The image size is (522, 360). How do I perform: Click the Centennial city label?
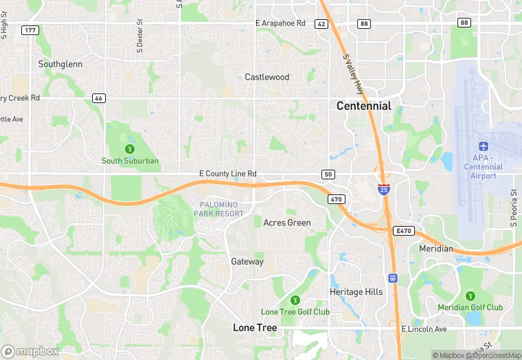(x=363, y=106)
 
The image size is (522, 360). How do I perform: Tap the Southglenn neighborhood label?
(x=60, y=64)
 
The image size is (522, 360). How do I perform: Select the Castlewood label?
(x=267, y=77)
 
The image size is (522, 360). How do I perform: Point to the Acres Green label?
(x=287, y=223)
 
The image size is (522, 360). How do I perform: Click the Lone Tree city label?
(x=255, y=328)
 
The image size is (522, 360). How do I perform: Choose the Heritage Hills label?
(x=356, y=292)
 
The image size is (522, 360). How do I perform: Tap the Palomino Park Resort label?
(x=218, y=210)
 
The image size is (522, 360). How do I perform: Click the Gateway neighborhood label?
(x=247, y=262)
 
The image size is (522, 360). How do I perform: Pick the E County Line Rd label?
(x=227, y=175)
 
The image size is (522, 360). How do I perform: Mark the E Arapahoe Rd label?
(x=280, y=23)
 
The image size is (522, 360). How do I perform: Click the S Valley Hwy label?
(x=352, y=74)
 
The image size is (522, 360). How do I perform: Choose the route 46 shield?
(x=99, y=98)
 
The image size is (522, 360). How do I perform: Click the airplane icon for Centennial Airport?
(x=483, y=147)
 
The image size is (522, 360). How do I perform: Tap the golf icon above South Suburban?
(x=129, y=148)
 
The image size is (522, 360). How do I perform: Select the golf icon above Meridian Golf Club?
(x=470, y=293)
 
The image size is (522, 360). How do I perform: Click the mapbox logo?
(x=30, y=351)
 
